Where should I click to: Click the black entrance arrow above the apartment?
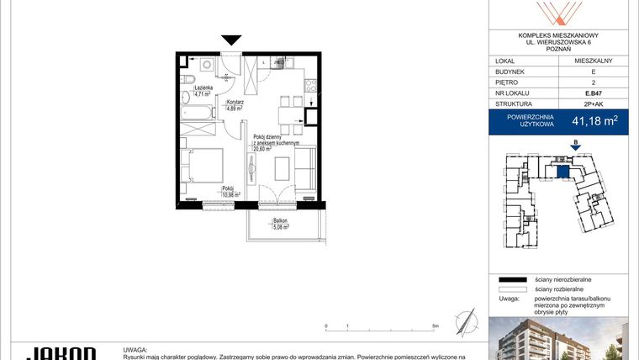click(x=231, y=40)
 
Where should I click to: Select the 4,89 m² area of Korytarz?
click(x=234, y=109)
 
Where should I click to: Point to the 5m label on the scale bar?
click(x=434, y=326)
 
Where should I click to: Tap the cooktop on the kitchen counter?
click(x=309, y=83)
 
